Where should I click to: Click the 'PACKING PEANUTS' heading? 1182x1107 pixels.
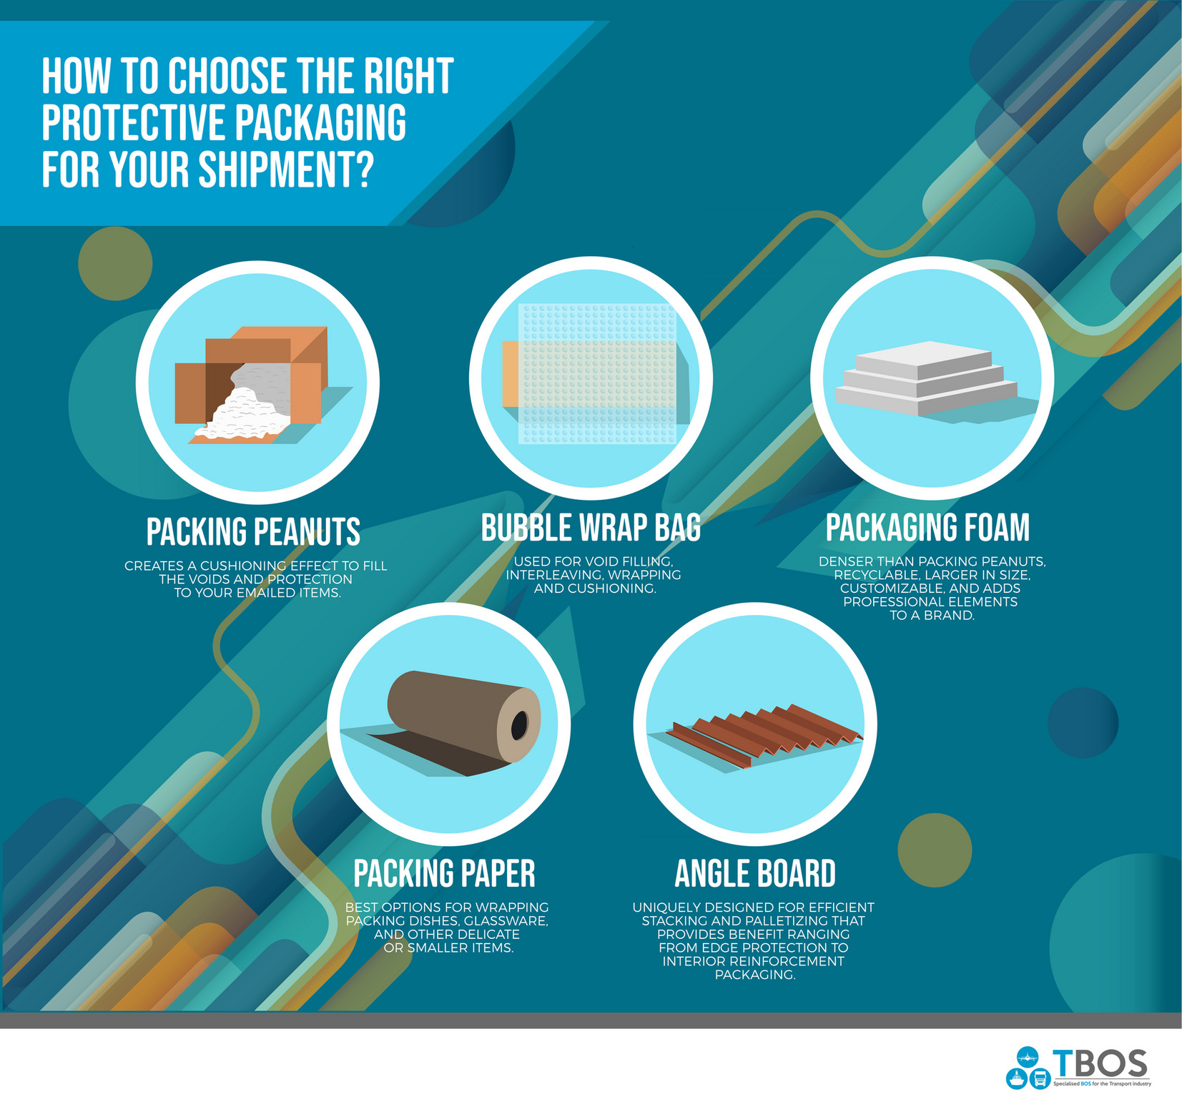(253, 532)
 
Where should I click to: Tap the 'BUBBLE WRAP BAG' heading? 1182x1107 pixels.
(591, 528)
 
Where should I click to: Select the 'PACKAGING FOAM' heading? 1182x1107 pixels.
(927, 528)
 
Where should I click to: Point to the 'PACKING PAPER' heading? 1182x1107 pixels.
(444, 873)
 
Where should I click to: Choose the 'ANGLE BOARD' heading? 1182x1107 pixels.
(755, 873)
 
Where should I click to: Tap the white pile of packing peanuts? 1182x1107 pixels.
(243, 415)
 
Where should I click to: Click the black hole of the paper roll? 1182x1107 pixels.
(519, 726)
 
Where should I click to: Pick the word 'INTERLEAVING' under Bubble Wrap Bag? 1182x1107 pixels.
(554, 575)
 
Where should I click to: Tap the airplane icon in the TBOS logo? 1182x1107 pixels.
(1028, 1056)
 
